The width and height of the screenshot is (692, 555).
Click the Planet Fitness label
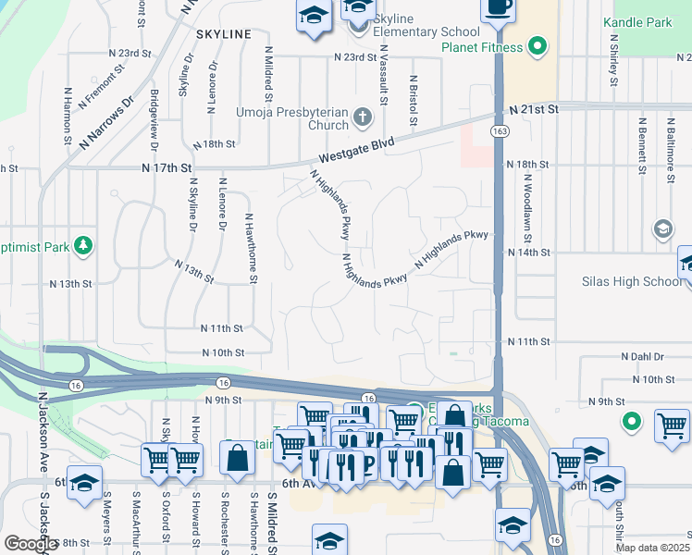tap(482, 47)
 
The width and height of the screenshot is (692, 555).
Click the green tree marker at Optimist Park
tap(84, 245)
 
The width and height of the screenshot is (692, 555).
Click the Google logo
tap(31, 544)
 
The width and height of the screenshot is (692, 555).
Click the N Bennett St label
tap(642, 145)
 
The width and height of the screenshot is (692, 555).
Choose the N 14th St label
tap(529, 252)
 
